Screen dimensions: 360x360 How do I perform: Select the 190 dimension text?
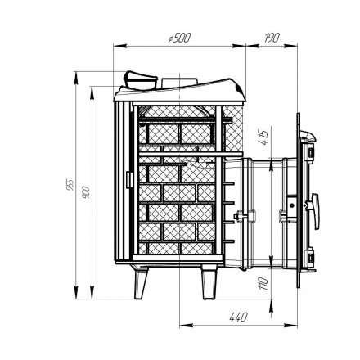click(273, 38)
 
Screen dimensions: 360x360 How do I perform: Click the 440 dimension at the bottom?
click(239, 315)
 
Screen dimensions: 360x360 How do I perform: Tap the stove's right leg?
click(209, 284)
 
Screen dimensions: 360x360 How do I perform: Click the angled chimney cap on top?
click(138, 80)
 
